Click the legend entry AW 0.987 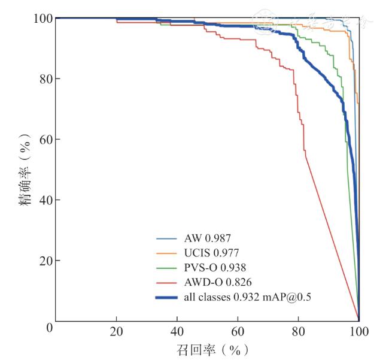coord(208,238)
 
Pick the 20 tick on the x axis coord(116,331)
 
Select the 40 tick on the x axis coord(177,331)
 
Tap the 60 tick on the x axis coord(238,331)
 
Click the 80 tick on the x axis coord(298,331)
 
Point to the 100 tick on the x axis coord(358,331)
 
